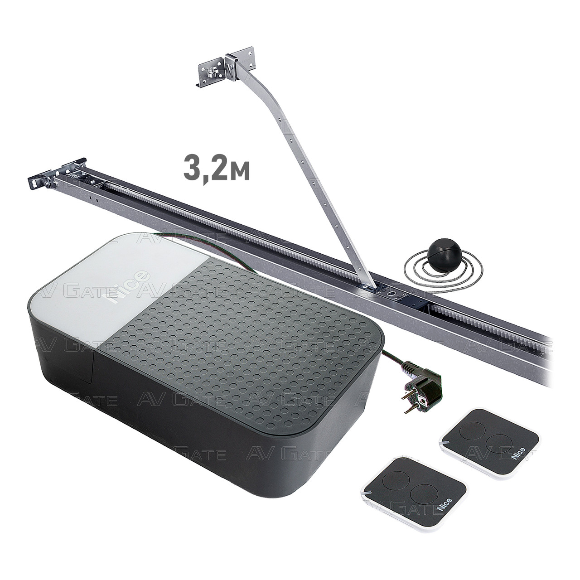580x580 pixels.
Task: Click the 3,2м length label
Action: pos(217,169)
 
